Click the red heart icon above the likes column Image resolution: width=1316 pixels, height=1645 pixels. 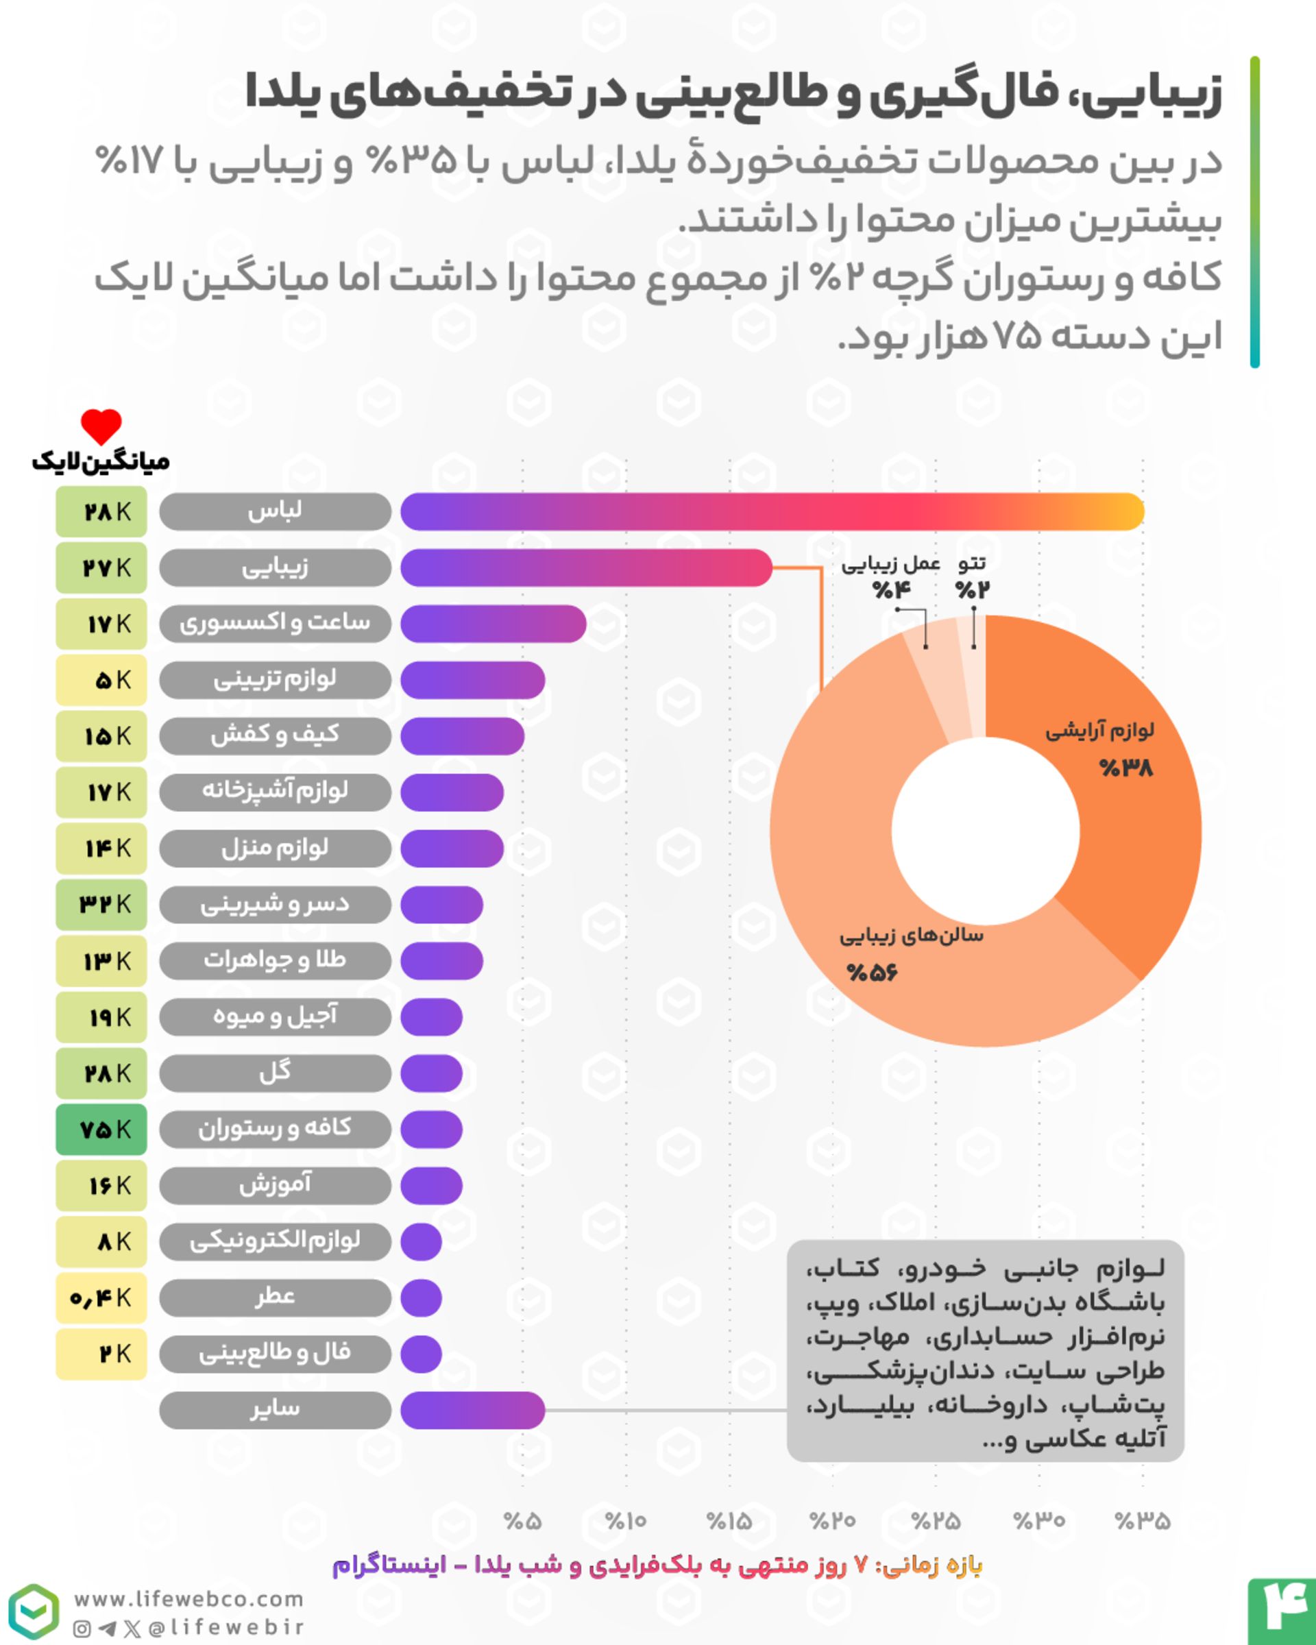click(x=101, y=426)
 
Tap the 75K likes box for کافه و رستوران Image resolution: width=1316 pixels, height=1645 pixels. click(x=101, y=1129)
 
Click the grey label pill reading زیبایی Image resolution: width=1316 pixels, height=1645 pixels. click(x=275, y=568)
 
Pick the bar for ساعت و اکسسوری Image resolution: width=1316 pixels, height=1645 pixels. click(x=493, y=624)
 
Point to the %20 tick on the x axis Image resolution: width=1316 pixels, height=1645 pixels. click(x=832, y=1521)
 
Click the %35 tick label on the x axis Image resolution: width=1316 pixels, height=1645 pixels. click(x=1142, y=1521)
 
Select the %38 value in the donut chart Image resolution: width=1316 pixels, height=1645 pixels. click(x=1126, y=768)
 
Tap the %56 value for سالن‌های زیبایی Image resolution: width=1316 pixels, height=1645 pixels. click(x=872, y=973)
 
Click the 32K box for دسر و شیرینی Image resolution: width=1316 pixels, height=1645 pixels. click(x=101, y=905)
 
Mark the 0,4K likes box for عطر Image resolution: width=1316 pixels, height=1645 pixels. click(x=101, y=1298)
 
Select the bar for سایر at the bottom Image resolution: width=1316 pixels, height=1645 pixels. click(x=472, y=1410)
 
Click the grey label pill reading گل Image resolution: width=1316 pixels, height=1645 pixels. click(x=275, y=1073)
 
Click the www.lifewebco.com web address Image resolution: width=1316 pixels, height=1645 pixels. click(x=188, y=1598)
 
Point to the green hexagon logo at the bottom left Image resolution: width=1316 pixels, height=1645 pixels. click(x=34, y=1611)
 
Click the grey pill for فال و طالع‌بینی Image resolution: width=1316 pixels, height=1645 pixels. click(x=275, y=1354)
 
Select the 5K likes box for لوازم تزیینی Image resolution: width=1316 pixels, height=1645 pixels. click(x=101, y=680)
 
